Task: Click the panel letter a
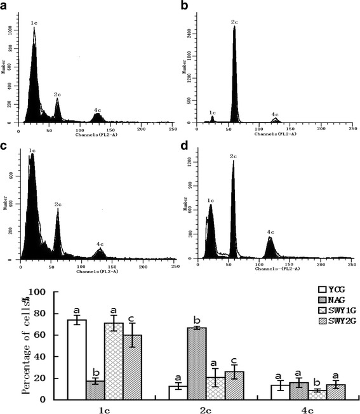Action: coord(6,7)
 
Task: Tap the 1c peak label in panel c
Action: coord(30,150)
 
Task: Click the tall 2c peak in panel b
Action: coord(234,76)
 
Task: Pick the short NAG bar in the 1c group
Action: coord(96,389)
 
